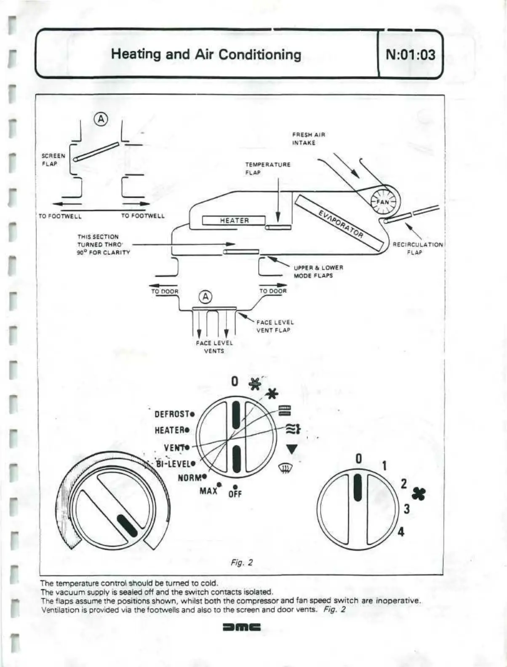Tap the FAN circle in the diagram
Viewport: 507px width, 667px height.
383,201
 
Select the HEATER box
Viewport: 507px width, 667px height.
234,220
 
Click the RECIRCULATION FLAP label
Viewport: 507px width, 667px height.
417,248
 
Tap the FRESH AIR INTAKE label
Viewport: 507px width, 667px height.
309,139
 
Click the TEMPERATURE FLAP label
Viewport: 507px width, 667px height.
268,169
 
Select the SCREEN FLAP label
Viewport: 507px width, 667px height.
53,160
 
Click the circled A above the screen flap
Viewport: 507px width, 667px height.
101,119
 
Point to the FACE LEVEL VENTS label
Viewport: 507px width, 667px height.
214,347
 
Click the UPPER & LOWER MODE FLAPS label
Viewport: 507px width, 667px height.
318,271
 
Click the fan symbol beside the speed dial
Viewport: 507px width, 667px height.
419,494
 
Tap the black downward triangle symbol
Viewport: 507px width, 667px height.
292,449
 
